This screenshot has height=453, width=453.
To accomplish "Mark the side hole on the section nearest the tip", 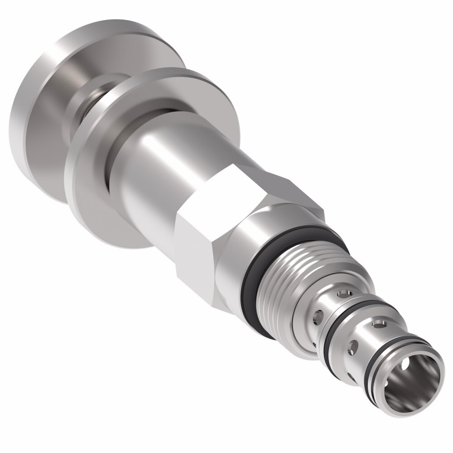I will pos(352,347).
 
